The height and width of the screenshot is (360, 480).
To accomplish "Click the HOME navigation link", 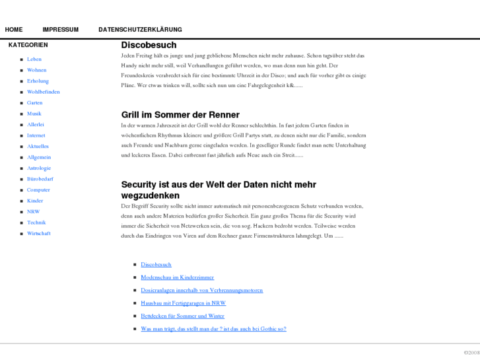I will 13,30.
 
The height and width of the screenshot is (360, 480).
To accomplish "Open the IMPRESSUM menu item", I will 60,30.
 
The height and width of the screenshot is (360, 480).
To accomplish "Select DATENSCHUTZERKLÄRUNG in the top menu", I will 140,30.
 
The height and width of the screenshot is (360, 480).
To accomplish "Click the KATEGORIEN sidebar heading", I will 28,45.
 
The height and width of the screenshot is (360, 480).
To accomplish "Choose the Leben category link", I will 34,59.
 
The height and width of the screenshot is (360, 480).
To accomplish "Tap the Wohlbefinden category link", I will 43,92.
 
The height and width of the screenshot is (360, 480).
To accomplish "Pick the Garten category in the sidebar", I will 34,103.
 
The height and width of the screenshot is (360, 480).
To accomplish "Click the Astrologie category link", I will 38,168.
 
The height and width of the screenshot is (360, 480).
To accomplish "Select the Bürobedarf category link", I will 40,179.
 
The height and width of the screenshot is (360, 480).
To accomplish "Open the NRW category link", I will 33,211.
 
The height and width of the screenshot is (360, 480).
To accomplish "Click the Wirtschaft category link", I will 38,233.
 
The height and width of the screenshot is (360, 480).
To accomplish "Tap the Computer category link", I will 38,190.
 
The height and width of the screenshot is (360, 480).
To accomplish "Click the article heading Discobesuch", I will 149,45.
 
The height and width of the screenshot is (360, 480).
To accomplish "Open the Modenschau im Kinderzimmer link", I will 177,277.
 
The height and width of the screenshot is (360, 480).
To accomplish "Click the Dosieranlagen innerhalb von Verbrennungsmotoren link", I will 201,290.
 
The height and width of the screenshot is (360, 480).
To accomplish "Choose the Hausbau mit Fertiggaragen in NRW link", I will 183,303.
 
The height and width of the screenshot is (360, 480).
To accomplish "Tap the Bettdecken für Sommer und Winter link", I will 182,316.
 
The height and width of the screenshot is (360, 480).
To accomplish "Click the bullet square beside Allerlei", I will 21,125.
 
